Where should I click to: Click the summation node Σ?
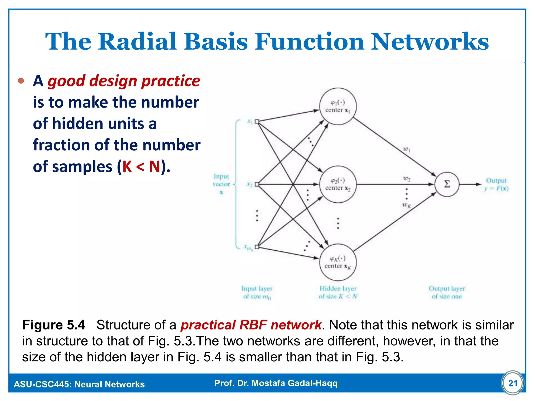pyautogui.click(x=447, y=184)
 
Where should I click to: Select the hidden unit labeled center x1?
pyautogui.click(x=338, y=106)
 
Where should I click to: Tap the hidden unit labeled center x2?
pyautogui.click(x=338, y=184)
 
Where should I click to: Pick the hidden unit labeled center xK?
pyautogui.click(x=338, y=262)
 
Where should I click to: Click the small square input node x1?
pyautogui.click(x=257, y=121)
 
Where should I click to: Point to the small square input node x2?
pyautogui.click(x=257, y=184)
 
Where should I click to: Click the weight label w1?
pyautogui.click(x=407, y=150)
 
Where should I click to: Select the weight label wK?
pyautogui.click(x=406, y=205)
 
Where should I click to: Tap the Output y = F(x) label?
pyautogui.click(x=496, y=184)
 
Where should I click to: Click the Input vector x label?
pyautogui.click(x=221, y=184)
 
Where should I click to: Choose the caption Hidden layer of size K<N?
pyautogui.click(x=338, y=292)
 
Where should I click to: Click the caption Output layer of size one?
pyautogui.click(x=447, y=292)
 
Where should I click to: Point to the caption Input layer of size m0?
pyautogui.click(x=257, y=292)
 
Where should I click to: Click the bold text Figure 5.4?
pyautogui.click(x=54, y=325)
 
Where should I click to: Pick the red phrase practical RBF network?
pyautogui.click(x=251, y=325)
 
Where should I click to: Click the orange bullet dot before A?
pyautogui.click(x=21, y=81)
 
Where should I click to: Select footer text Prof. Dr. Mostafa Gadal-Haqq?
pyautogui.click(x=276, y=383)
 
